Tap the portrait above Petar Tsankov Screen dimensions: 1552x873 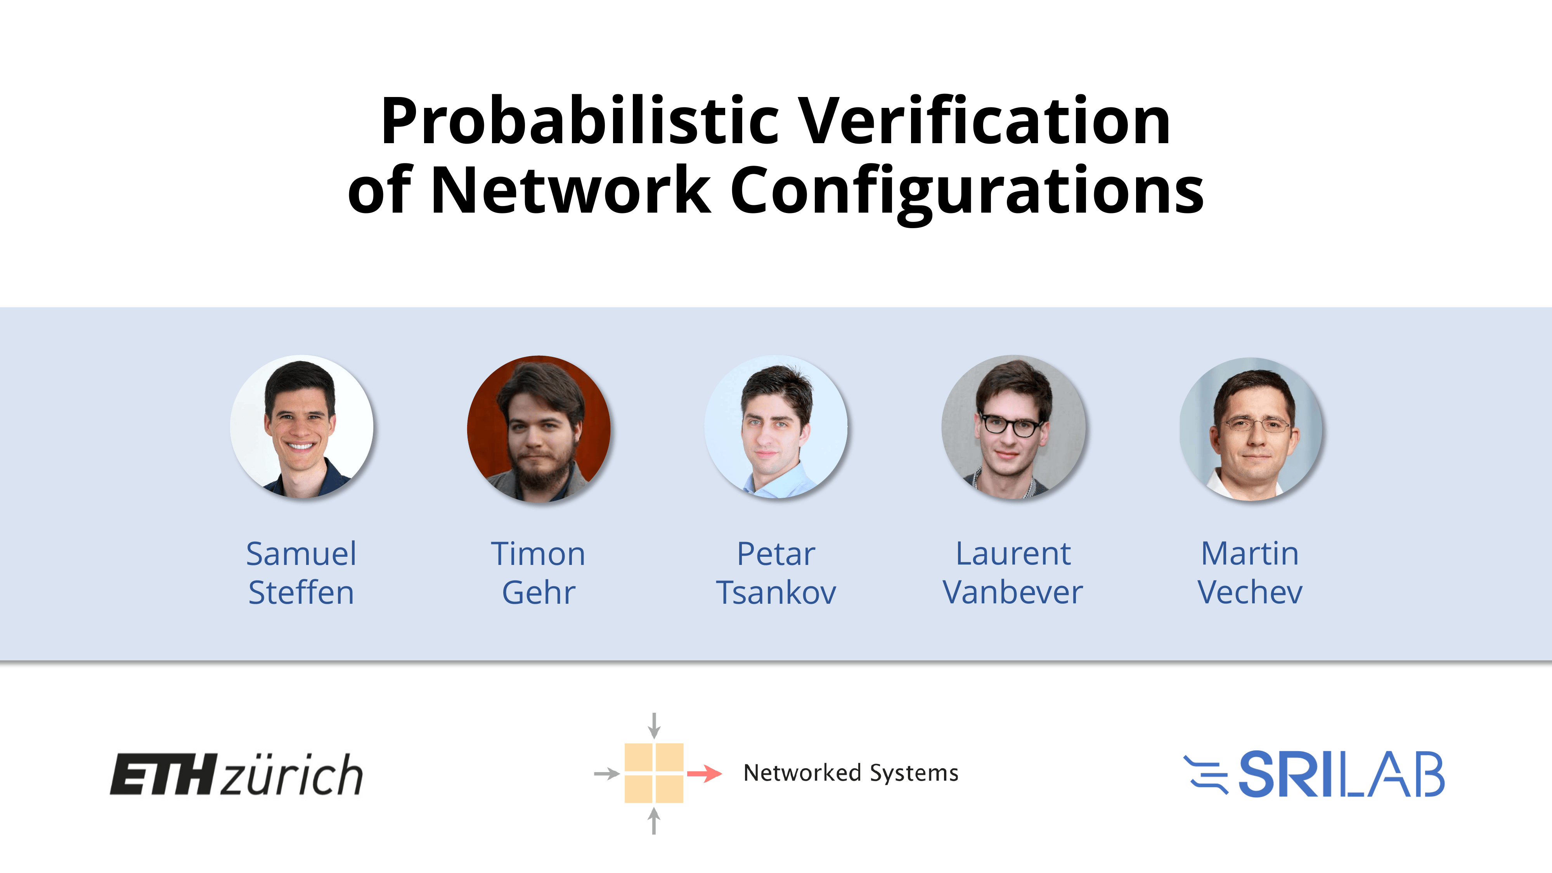pos(776,427)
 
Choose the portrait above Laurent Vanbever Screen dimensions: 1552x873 pos(1013,427)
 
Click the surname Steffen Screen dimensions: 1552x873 pos(301,592)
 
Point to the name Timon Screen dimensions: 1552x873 pos(538,554)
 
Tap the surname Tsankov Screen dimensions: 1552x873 pos(776,592)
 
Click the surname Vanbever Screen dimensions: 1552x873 pos(1013,592)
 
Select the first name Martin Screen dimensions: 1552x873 pos(1250,554)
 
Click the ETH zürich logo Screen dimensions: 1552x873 pos(236,774)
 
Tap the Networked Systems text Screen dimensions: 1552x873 pos(851,773)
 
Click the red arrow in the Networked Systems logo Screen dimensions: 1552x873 pos(704,773)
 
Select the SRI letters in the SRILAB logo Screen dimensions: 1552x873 pos(1288,774)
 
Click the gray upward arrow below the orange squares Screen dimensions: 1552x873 pos(654,821)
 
